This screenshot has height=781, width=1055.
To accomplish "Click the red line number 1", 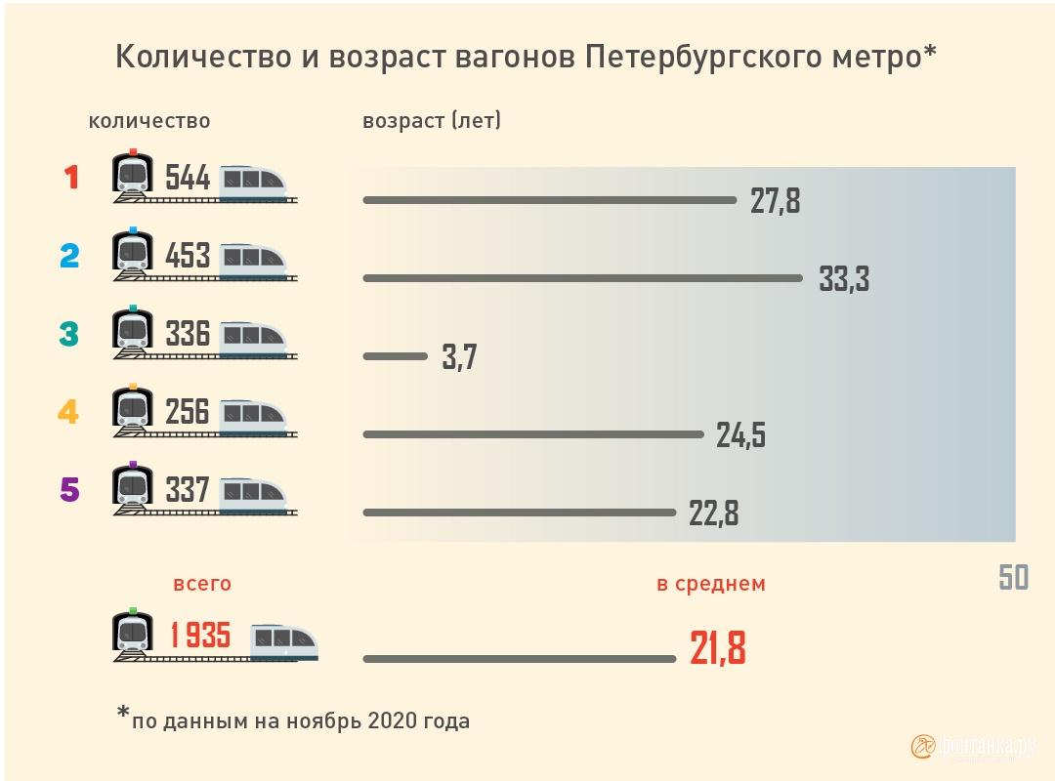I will pyautogui.click(x=70, y=178).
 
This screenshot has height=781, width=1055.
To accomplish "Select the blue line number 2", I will pyautogui.click(x=69, y=256).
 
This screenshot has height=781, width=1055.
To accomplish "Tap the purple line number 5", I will pyautogui.click(x=69, y=489).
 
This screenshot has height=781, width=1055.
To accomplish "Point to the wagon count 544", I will pyautogui.click(x=188, y=178).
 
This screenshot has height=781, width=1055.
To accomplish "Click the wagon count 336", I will pyautogui.click(x=188, y=334).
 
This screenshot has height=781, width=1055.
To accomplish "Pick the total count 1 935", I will pyautogui.click(x=200, y=636).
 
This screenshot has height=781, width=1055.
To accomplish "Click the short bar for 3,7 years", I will pyautogui.click(x=395, y=356).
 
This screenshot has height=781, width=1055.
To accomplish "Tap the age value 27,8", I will pyautogui.click(x=775, y=201).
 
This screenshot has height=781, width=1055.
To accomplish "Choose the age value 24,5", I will pyautogui.click(x=740, y=435).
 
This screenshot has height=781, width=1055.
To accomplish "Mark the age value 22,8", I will pyautogui.click(x=713, y=514).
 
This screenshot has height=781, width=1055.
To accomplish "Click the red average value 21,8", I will pyautogui.click(x=718, y=648).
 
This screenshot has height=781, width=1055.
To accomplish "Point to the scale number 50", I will pyautogui.click(x=1013, y=578).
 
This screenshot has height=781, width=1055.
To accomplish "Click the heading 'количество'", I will pyautogui.click(x=149, y=121).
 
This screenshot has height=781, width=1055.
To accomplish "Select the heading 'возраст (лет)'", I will pyautogui.click(x=432, y=121).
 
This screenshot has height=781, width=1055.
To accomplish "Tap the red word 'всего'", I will pyautogui.click(x=202, y=584).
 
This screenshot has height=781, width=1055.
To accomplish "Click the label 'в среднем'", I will pyautogui.click(x=710, y=584).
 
